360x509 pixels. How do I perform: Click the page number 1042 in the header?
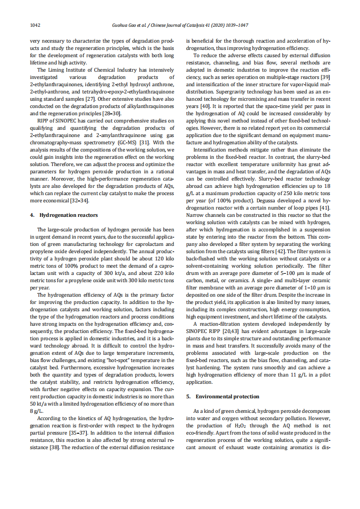[x=35, y=25]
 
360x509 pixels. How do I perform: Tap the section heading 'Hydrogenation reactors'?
[x=69, y=215]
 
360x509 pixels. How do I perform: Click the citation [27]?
[x=91, y=98]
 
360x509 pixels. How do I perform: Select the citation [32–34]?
[x=82, y=200]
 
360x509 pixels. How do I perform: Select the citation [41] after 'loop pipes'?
[x=325, y=207]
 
